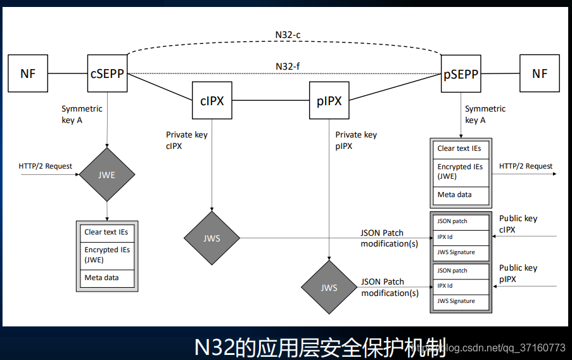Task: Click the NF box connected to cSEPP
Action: pos(28,74)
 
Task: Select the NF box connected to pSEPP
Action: pos(540,74)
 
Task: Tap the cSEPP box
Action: pos(107,74)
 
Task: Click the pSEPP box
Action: pos(461,74)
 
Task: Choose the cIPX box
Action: pos(212,101)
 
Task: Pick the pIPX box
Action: pos(329,101)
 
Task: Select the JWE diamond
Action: pos(107,175)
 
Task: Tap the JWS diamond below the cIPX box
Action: pos(212,238)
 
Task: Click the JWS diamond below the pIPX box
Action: pos(329,287)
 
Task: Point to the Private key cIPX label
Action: pos(186,140)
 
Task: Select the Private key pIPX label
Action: pos(356,140)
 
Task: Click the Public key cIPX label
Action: pos(518,224)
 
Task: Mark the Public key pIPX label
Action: pos(518,273)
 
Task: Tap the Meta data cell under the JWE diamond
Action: pos(106,278)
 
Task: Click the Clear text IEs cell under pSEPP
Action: pos(460,148)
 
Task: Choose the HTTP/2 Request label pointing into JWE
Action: pos(46,166)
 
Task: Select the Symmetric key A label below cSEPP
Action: pos(81,114)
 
